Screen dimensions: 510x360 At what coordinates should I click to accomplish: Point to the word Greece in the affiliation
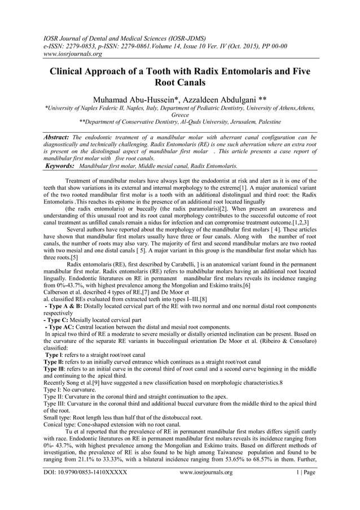pyautogui.click(x=179, y=115)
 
